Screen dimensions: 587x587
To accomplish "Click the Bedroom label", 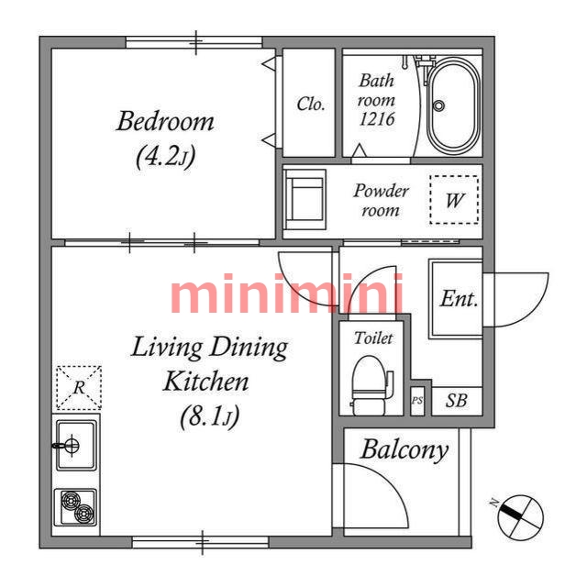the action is pyautogui.click(x=165, y=122).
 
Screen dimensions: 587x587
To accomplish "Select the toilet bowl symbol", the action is pyautogui.click(x=371, y=385).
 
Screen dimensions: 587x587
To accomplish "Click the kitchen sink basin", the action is pyautogui.click(x=76, y=445).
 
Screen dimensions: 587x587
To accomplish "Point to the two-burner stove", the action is pyautogui.click(x=76, y=507).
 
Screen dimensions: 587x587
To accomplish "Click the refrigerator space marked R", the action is pyautogui.click(x=79, y=388).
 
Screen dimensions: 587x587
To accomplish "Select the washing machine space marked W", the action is pyautogui.click(x=454, y=200).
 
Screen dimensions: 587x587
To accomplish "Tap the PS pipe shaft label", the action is pyautogui.click(x=417, y=401).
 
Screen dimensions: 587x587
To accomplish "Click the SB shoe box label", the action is pyautogui.click(x=457, y=401).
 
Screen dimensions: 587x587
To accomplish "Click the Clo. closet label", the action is pyautogui.click(x=310, y=104).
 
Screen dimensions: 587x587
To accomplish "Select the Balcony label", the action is pyautogui.click(x=404, y=450).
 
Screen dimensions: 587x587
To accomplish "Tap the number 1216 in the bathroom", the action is pyautogui.click(x=377, y=118).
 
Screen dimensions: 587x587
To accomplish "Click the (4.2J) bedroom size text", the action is pyautogui.click(x=165, y=157).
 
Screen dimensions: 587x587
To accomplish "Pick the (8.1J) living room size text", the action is pyautogui.click(x=209, y=416).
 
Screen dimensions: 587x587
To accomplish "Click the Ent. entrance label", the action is pyautogui.click(x=459, y=299).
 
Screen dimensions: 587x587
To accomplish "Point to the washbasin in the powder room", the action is pyautogui.click(x=305, y=200).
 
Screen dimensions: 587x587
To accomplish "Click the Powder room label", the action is pyautogui.click(x=381, y=200).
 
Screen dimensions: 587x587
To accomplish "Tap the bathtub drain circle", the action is pyautogui.click(x=438, y=105).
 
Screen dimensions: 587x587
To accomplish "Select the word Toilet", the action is pyautogui.click(x=373, y=338).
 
